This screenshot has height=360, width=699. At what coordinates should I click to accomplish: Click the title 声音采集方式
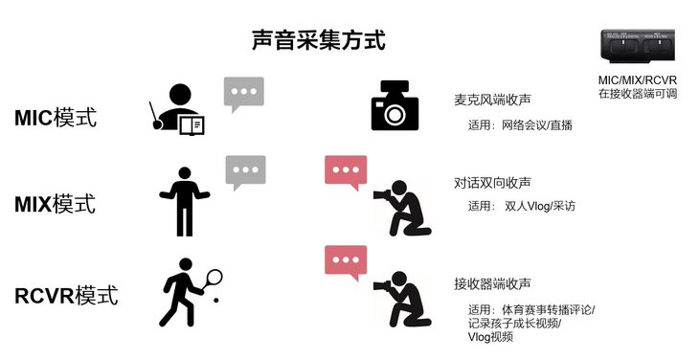[318, 40]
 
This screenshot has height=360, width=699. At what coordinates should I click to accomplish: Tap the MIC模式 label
[56, 118]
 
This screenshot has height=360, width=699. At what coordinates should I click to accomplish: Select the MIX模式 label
[55, 204]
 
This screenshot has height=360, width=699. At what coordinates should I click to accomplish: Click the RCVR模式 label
[66, 296]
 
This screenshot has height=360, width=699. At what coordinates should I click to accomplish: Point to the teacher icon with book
[176, 109]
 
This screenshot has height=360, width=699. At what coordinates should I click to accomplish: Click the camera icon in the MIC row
[395, 105]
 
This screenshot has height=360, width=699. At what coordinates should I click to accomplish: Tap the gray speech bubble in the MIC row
[244, 94]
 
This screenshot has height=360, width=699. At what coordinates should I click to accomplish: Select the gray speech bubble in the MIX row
[246, 172]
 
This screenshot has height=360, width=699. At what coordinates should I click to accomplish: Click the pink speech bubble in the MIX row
[346, 172]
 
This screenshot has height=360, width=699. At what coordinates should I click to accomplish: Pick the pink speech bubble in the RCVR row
[346, 263]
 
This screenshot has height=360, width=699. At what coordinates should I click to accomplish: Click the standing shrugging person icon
[185, 202]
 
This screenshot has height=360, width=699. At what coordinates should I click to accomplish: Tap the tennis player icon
[189, 292]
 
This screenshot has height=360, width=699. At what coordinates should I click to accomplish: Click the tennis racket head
[214, 277]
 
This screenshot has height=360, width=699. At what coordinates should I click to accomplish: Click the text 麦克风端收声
[492, 100]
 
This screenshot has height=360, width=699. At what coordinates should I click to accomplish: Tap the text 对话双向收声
[492, 183]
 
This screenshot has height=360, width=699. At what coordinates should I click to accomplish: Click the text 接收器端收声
[492, 283]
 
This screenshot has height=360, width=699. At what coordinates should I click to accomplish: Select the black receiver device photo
[638, 45]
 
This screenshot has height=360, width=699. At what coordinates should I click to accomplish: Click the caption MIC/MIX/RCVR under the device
[638, 80]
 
